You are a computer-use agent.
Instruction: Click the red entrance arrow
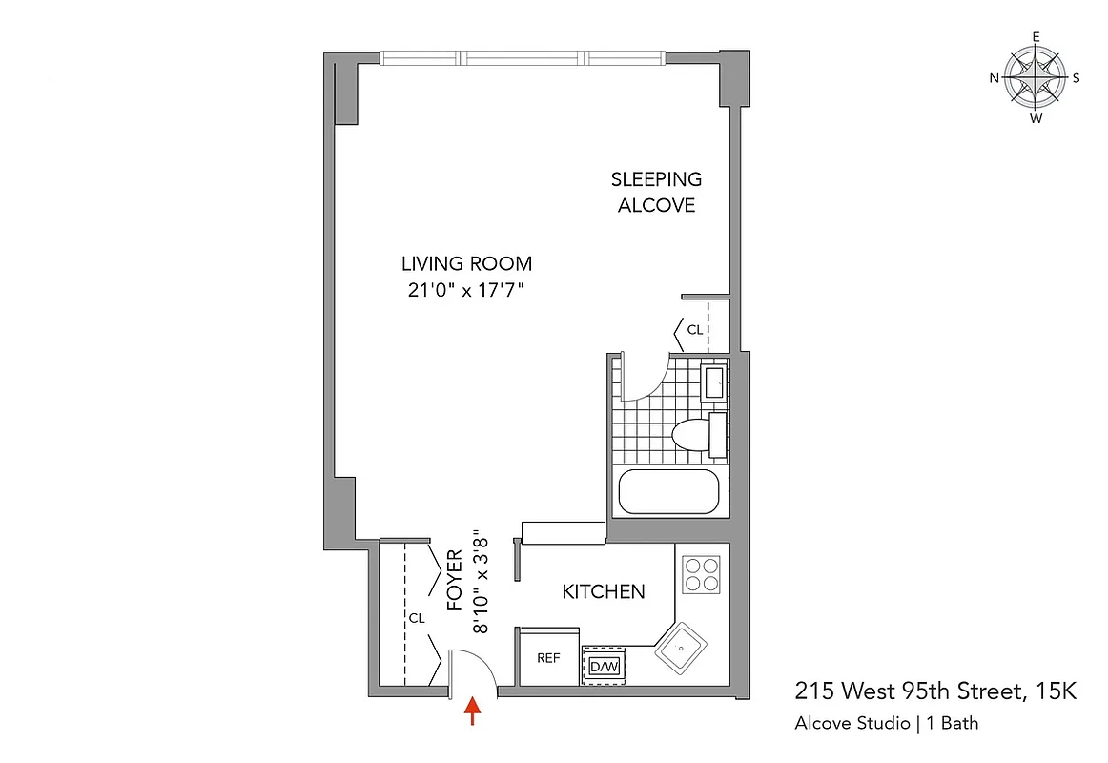coord(472,711)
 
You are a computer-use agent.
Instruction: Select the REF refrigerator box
coord(548,657)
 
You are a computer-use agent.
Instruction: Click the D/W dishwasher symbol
coord(604,664)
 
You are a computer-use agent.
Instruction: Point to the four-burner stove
coord(702,574)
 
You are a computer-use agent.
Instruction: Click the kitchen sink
coord(682,650)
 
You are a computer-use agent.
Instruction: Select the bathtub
coord(667,492)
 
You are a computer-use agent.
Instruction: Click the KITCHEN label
coord(604,592)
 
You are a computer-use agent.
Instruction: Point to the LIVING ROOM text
coord(466,264)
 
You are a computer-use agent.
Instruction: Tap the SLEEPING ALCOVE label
coord(657,192)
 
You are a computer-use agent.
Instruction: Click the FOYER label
coord(455,580)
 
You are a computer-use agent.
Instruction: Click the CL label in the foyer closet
coord(417,618)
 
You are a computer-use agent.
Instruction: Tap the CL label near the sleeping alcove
coord(694,330)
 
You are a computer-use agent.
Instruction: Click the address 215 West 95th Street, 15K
coord(935,691)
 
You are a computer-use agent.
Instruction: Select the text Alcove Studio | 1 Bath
coord(886,723)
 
